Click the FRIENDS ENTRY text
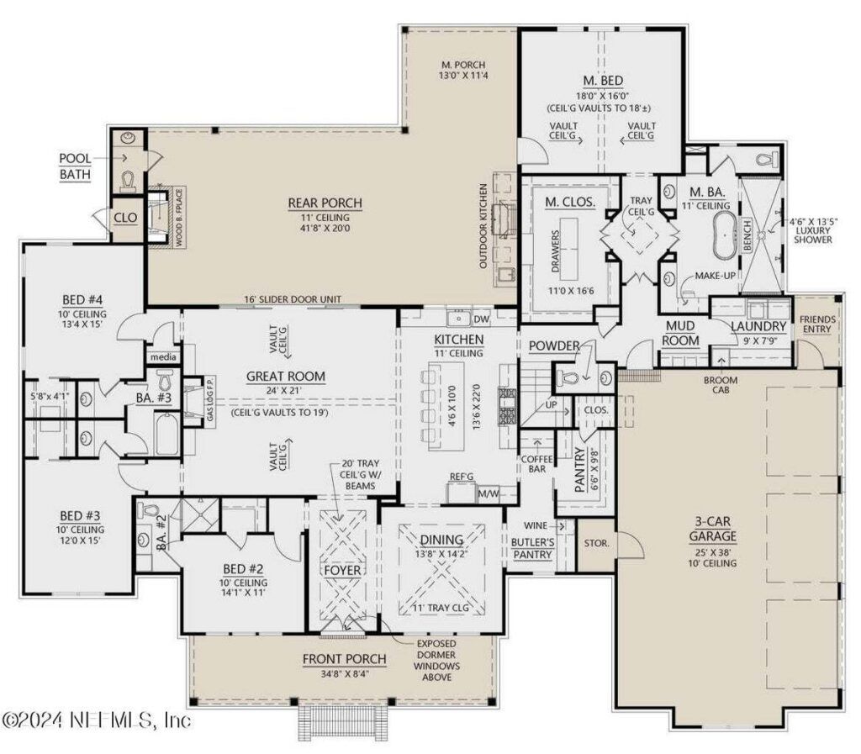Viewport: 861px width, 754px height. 817,324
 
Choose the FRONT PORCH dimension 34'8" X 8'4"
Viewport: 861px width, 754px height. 344,674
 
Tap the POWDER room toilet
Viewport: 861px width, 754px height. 573,376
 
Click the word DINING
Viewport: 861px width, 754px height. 441,539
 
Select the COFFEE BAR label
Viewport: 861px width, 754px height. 535,464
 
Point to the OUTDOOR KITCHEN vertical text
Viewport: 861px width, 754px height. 484,225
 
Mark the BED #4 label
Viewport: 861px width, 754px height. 82,300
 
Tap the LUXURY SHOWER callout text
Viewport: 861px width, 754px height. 811,231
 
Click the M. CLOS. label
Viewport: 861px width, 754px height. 570,201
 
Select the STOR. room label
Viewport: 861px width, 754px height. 597,542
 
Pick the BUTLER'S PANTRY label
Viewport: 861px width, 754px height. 531,549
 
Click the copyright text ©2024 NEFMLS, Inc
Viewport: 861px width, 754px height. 96,720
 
